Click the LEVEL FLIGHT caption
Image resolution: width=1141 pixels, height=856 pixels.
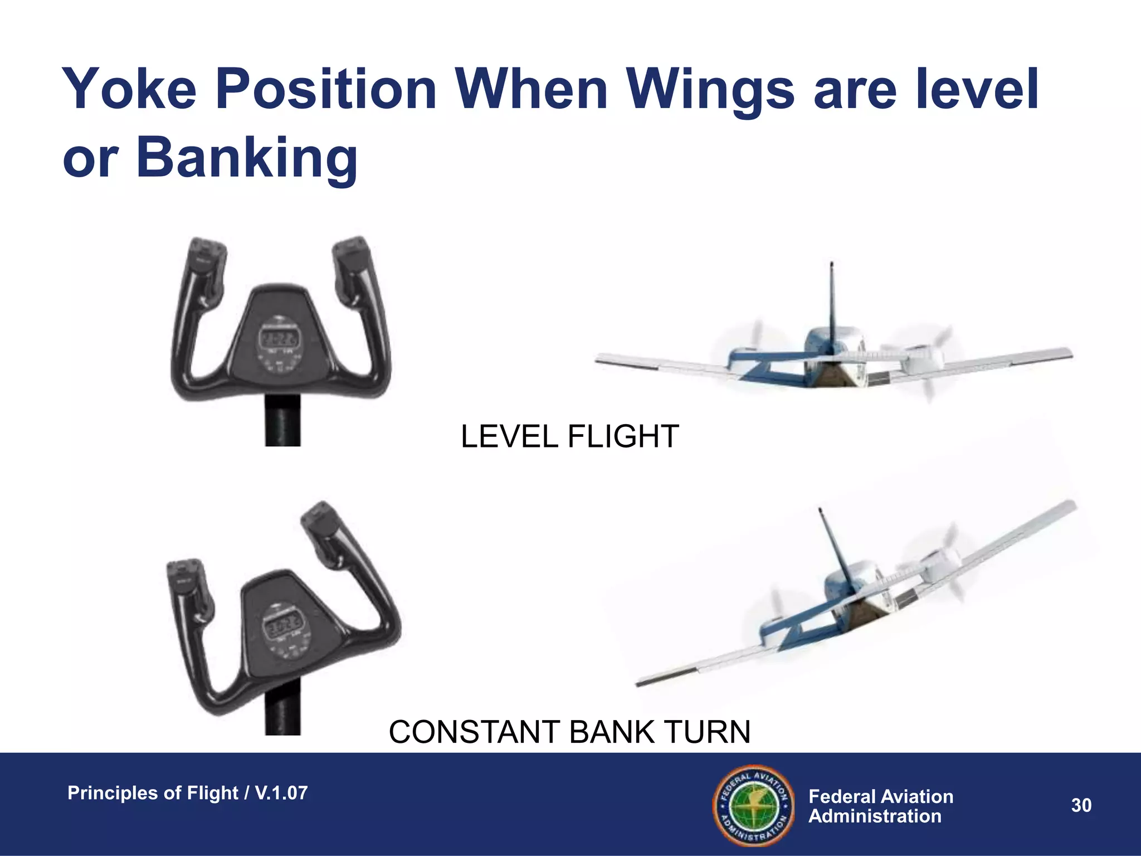point(569,436)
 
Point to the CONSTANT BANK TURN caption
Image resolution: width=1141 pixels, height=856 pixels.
point(569,732)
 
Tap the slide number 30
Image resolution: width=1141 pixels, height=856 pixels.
point(1081,805)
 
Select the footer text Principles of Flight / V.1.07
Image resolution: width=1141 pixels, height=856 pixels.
point(187,792)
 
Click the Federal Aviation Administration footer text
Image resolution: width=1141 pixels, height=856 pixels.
point(880,806)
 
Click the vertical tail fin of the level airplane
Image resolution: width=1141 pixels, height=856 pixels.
point(832,301)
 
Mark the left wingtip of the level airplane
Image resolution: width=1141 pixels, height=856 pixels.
point(604,359)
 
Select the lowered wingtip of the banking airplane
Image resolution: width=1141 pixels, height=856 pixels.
point(646,681)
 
